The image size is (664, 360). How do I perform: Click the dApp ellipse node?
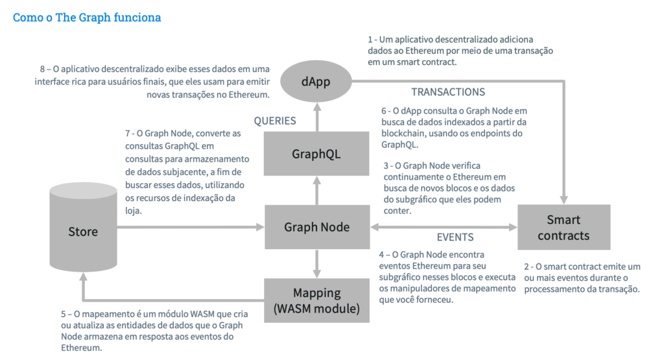click(317, 82)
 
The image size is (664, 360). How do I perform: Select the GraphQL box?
click(316, 154)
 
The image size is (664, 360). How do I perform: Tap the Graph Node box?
click(316, 227)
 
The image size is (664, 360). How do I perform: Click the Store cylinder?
click(83, 232)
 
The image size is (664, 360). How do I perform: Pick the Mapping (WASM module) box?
click(316, 300)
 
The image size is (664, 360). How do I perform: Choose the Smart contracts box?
click(563, 228)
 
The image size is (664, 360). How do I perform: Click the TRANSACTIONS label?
click(448, 92)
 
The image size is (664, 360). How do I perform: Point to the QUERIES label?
click(275, 121)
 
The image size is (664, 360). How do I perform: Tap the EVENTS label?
click(455, 237)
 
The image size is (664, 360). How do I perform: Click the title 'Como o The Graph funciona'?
click(87, 18)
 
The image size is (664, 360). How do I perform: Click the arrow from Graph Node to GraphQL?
click(316, 191)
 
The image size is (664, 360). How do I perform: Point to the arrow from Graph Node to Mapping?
click(316, 263)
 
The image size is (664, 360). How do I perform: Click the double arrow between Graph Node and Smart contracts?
click(443, 227)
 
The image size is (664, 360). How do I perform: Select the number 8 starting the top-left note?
click(42, 69)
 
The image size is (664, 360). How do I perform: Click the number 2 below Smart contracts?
click(526, 267)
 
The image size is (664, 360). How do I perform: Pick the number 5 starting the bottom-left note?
click(63, 314)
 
